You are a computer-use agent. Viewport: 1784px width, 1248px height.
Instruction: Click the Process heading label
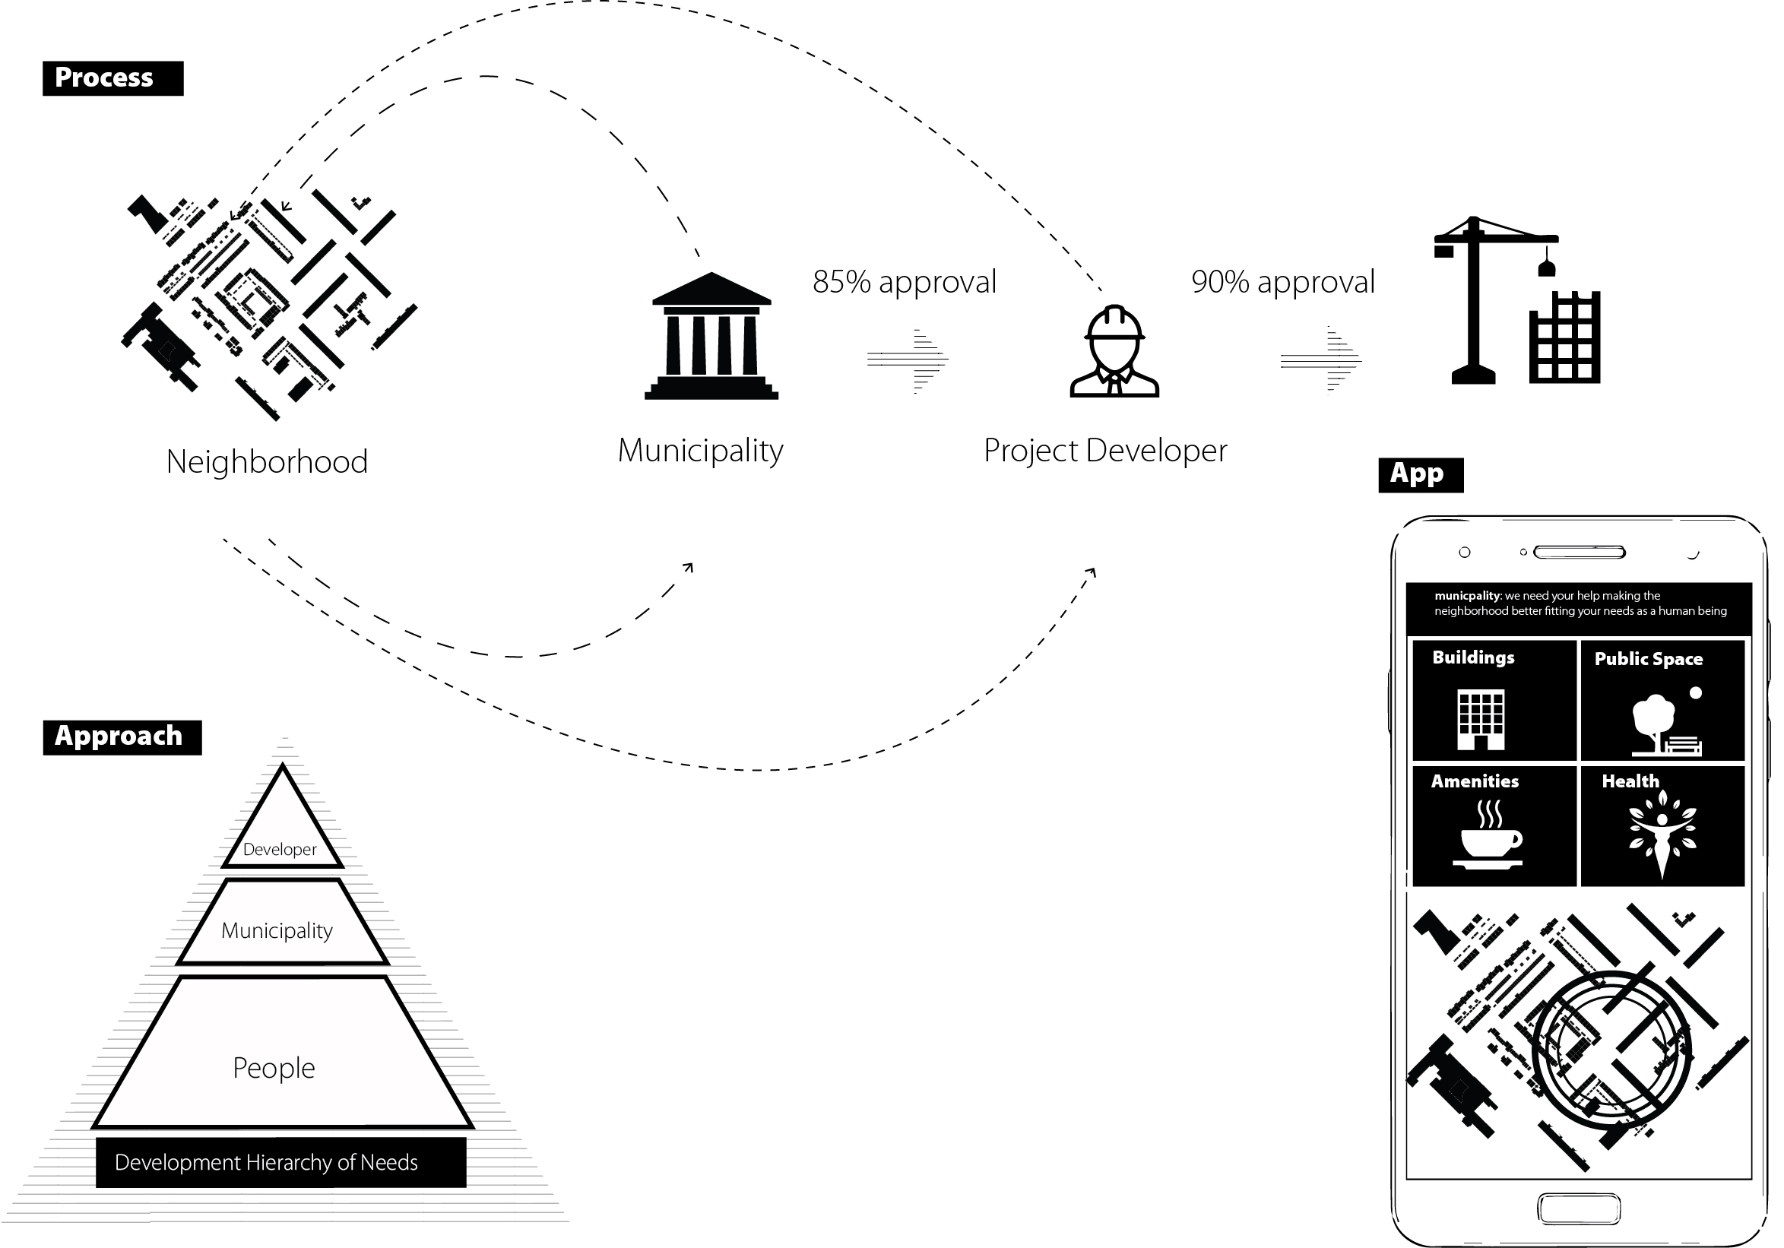coord(112,78)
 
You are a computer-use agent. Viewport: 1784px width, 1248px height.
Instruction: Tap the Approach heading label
coord(122,736)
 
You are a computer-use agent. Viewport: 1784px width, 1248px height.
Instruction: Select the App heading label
coord(1421,475)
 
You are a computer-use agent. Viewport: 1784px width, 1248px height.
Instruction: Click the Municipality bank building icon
coord(711,336)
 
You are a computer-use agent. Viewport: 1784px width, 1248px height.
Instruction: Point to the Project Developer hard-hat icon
coord(1114,351)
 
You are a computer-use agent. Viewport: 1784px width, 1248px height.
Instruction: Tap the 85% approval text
coord(905,282)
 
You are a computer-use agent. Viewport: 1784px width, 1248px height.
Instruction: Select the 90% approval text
coord(1283,282)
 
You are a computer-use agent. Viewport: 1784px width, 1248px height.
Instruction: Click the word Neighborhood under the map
coord(268,461)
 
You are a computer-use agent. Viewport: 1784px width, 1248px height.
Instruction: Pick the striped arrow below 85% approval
coord(908,360)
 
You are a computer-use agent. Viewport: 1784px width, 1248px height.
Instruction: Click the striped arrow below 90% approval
coord(1321,360)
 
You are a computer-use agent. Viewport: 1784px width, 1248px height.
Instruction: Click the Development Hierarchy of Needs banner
coord(280,1163)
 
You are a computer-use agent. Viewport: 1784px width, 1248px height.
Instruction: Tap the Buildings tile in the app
coord(1494,700)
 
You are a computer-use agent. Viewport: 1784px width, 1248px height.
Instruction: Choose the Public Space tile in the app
coord(1663,700)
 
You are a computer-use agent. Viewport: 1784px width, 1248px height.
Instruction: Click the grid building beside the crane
coord(1565,337)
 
